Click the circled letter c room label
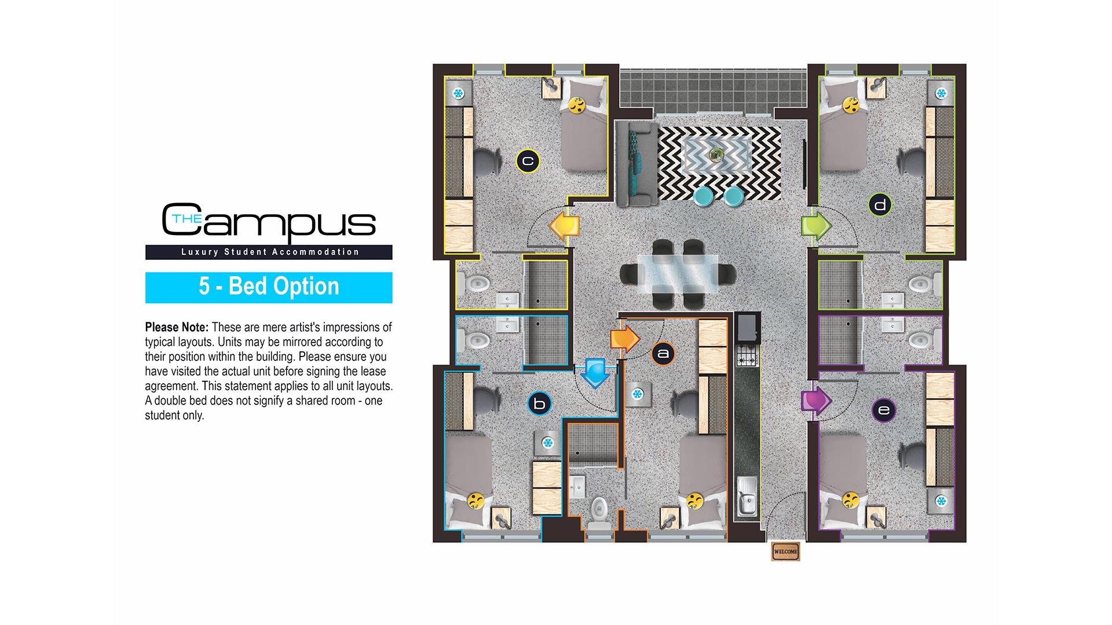pyautogui.click(x=528, y=161)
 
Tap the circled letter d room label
pyautogui.click(x=880, y=205)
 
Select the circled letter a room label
pyautogui.click(x=663, y=354)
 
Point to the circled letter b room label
pyautogui.click(x=539, y=404)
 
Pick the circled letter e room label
pyautogui.click(x=884, y=410)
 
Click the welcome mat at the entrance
pyautogui.click(x=785, y=552)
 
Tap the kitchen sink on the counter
pyautogui.click(x=747, y=495)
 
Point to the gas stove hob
pyautogui.click(x=747, y=354)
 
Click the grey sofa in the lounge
pyautogui.click(x=637, y=164)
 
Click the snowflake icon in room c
pyautogui.click(x=458, y=93)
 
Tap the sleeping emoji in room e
pyautogui.click(x=850, y=499)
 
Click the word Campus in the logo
pyautogui.click(x=269, y=221)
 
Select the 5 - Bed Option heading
pyautogui.click(x=269, y=287)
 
